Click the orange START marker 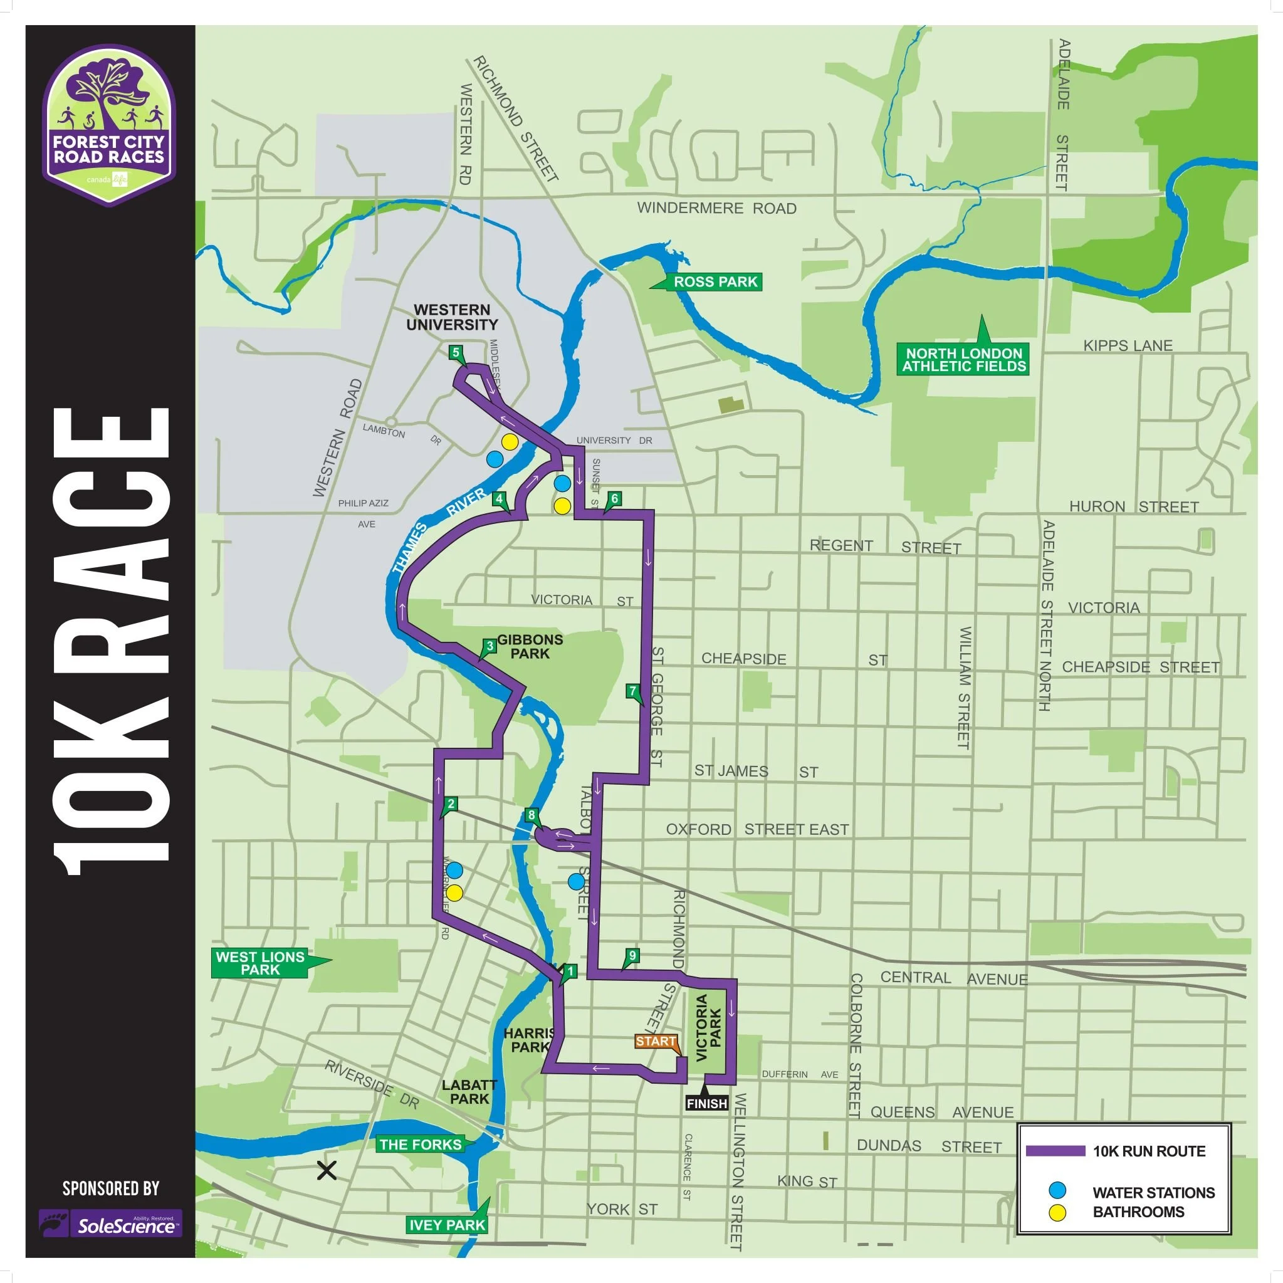coord(656,1040)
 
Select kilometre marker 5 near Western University coord(456,353)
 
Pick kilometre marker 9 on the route coord(632,955)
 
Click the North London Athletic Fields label coord(963,359)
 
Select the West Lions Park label coord(259,963)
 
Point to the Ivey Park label coord(447,1225)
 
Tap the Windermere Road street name coord(716,208)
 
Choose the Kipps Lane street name coord(1128,345)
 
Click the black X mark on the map coord(327,1170)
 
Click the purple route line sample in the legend coord(1055,1151)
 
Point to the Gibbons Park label coord(529,646)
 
